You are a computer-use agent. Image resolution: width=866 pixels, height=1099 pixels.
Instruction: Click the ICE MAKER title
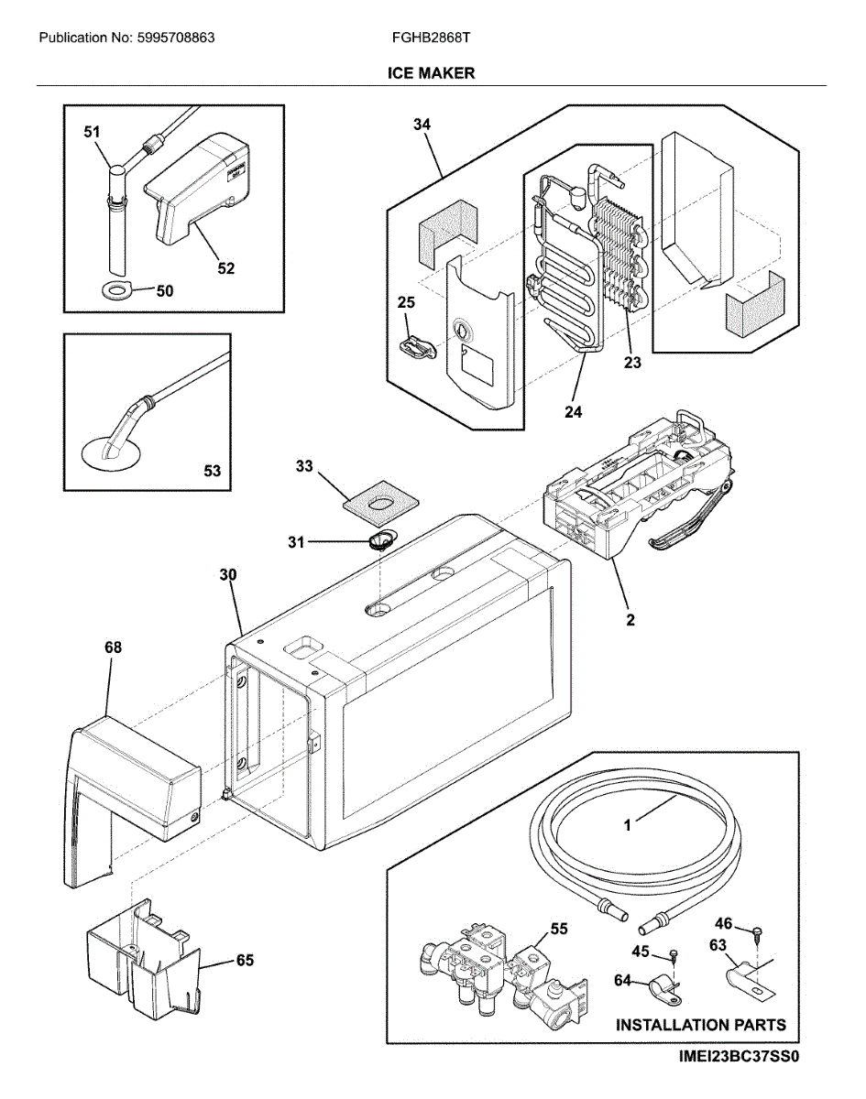(431, 73)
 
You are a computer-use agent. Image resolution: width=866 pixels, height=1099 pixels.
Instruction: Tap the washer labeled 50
(118, 291)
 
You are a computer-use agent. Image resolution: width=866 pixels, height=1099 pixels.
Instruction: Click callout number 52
(225, 268)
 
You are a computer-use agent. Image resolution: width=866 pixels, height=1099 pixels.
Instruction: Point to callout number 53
(212, 472)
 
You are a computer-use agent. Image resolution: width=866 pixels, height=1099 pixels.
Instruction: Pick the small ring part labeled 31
(380, 540)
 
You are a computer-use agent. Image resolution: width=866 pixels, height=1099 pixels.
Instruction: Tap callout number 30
(228, 575)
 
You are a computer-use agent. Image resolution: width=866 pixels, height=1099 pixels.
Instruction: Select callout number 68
(112, 647)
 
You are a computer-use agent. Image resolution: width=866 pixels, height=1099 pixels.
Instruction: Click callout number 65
(245, 961)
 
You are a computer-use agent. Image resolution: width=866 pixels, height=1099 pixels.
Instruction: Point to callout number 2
(630, 620)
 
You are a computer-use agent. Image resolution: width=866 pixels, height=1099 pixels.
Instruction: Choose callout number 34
(422, 125)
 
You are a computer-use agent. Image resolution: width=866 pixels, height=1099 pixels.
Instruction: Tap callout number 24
(573, 412)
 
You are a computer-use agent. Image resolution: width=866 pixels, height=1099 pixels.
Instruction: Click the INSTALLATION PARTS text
(700, 1025)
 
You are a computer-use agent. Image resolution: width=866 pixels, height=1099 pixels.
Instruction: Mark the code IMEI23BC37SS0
(740, 1057)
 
